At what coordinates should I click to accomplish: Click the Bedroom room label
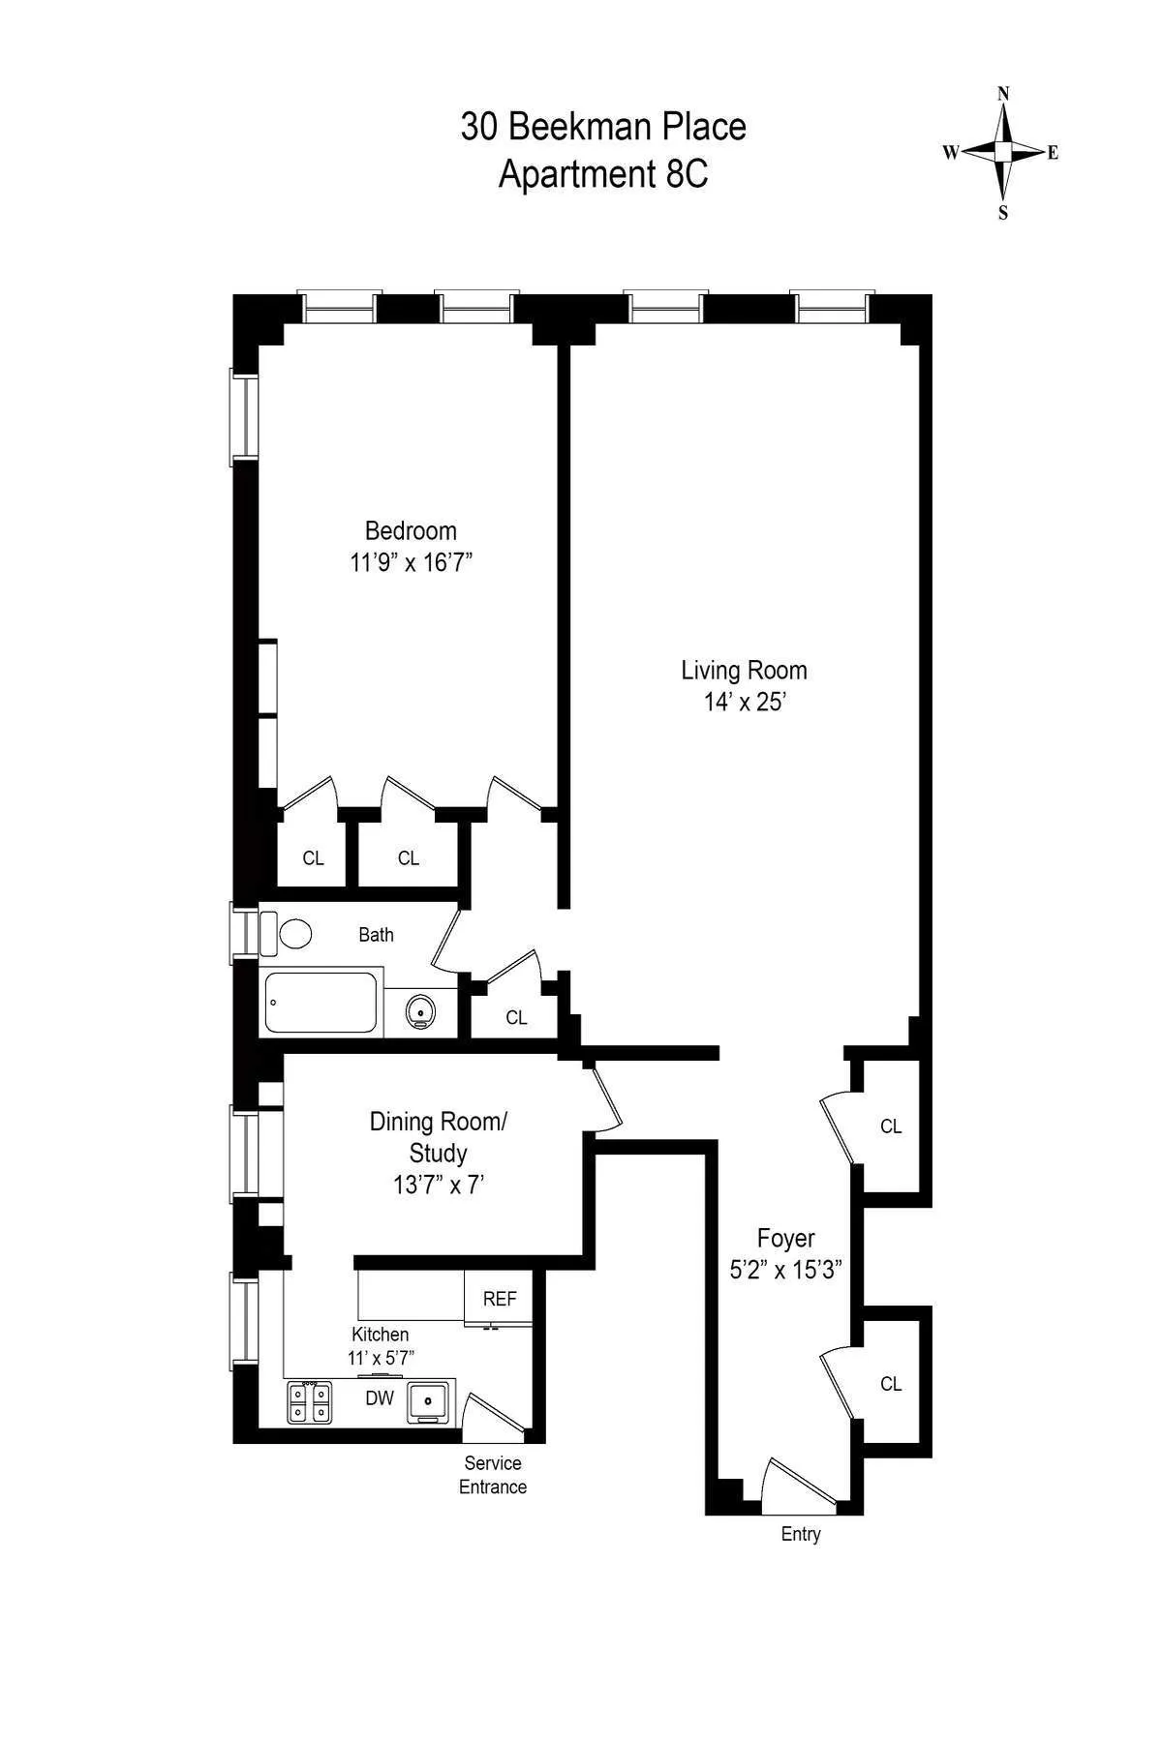411,530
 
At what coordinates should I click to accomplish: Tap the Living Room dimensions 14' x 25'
744,702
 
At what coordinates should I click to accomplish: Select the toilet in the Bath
291,934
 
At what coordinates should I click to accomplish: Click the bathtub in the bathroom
321,1003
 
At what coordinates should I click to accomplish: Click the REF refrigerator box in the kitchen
500,1299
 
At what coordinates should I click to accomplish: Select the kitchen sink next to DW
427,1401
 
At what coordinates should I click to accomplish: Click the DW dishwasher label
380,1398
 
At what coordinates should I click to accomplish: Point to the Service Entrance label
493,1475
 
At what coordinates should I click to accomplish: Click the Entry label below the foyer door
801,1534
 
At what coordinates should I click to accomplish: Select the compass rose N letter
1003,94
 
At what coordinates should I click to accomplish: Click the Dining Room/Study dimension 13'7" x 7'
439,1185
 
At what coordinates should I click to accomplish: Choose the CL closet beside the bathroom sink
516,1017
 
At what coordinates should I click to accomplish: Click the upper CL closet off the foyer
891,1126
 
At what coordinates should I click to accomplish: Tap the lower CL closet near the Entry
891,1384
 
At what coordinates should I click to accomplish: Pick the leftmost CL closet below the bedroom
313,858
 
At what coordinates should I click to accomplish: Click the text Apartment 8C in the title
603,174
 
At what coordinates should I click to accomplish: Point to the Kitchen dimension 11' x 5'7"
381,1358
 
